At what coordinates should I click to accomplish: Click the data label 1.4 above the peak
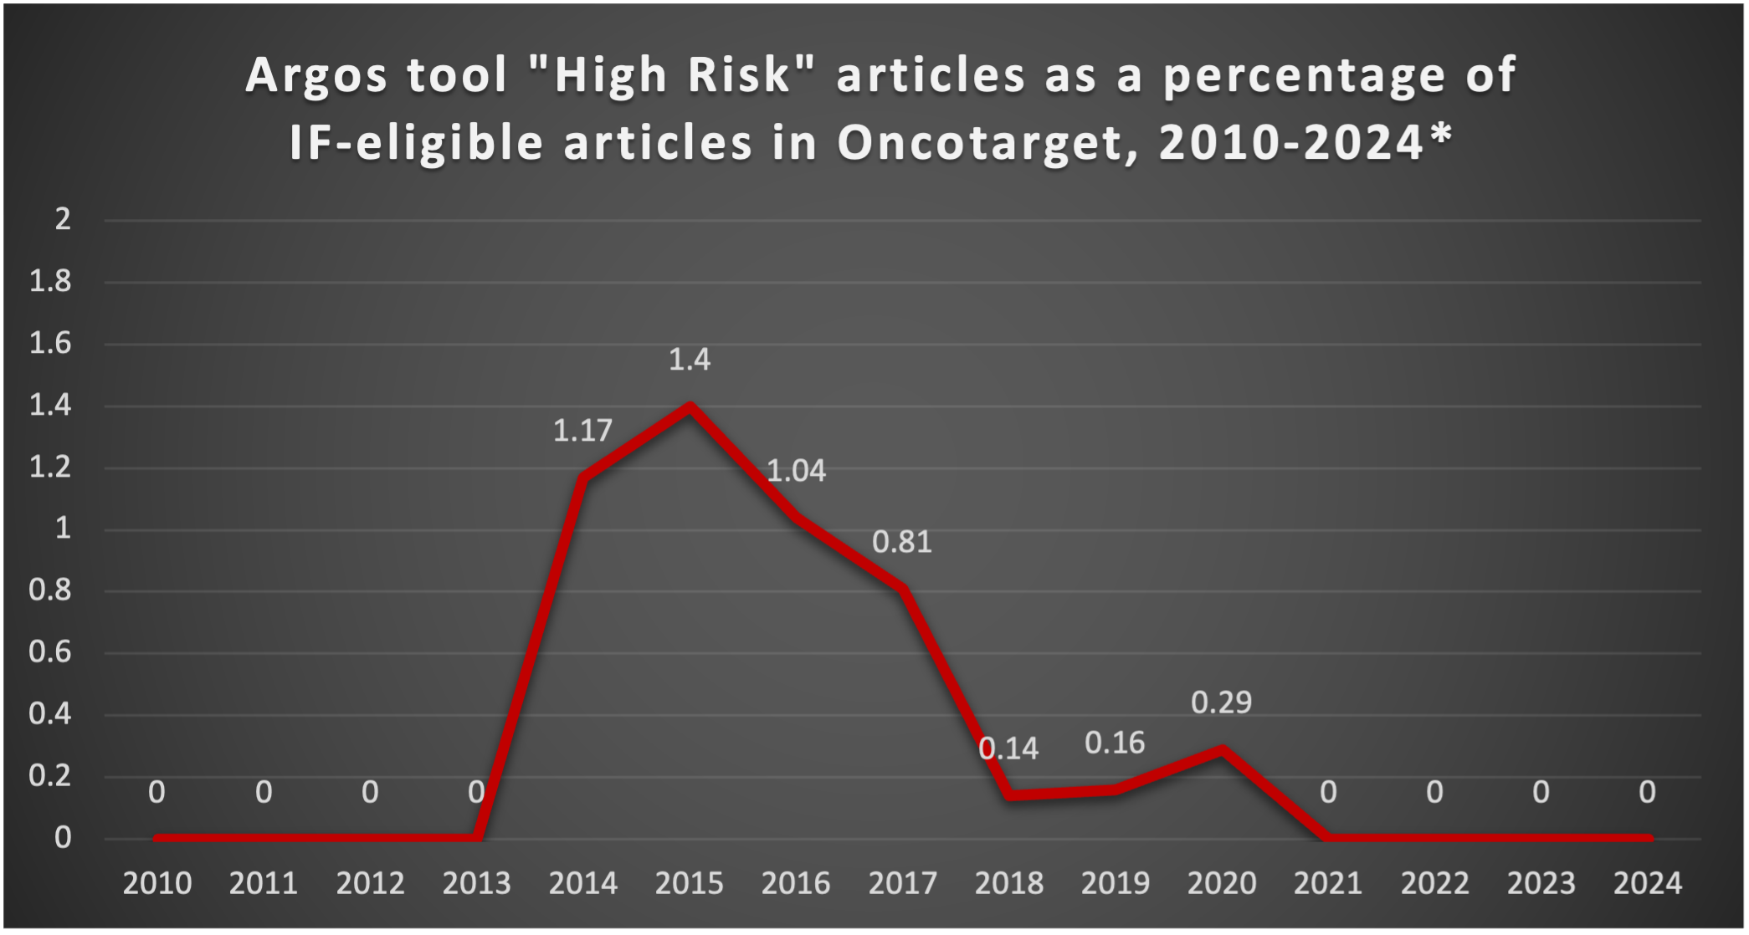click(690, 360)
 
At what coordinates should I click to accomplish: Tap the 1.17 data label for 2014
click(582, 431)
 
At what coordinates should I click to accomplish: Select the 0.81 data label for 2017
click(902, 542)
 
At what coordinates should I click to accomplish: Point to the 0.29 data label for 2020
click(1221, 703)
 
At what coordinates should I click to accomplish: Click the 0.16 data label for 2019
click(1115, 743)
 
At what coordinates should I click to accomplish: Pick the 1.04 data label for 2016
click(796, 471)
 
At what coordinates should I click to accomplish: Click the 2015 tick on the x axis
click(690, 883)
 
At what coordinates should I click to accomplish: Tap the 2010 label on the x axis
click(157, 883)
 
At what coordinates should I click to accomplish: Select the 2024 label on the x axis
click(1647, 883)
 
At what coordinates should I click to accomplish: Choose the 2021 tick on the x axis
click(1328, 883)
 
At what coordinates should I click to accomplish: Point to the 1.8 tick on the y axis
click(50, 282)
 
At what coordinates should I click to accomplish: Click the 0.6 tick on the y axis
click(50, 652)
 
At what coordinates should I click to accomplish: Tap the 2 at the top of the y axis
click(63, 219)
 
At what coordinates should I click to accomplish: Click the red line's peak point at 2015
click(690, 407)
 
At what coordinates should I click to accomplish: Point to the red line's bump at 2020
click(1222, 749)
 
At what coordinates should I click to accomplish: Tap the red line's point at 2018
click(1010, 794)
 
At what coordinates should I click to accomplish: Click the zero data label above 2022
click(1434, 792)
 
